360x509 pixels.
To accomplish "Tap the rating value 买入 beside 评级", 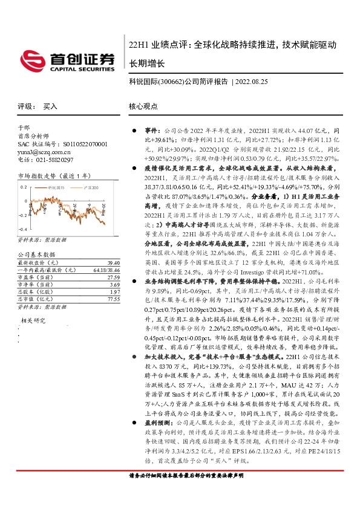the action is pyautogui.click(x=50, y=106).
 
